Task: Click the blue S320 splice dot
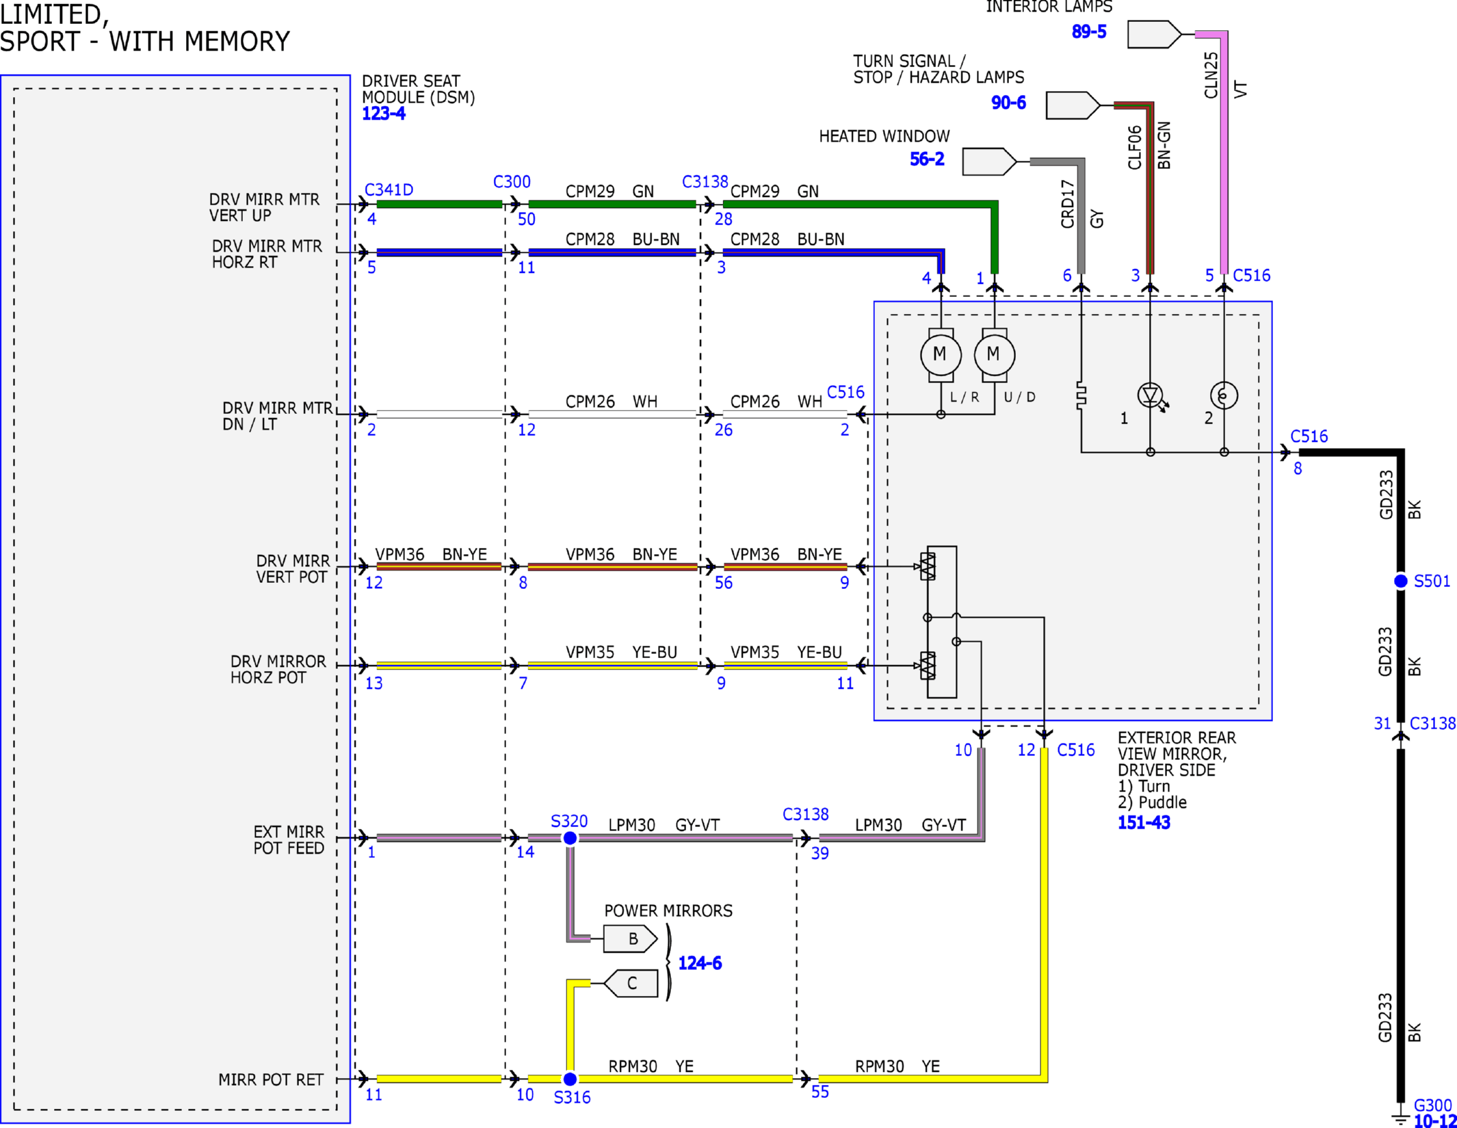pyautogui.click(x=570, y=838)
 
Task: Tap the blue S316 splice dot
pyautogui.click(x=570, y=1079)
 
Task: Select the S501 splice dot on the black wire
pyautogui.click(x=1401, y=581)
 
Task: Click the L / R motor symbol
pyautogui.click(x=941, y=354)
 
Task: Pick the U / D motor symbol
pyautogui.click(x=994, y=354)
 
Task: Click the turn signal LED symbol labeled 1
pyautogui.click(x=1151, y=395)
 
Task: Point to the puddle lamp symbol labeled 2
pyautogui.click(x=1224, y=395)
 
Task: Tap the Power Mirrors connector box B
pyautogui.click(x=630, y=939)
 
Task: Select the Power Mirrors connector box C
pyautogui.click(x=631, y=983)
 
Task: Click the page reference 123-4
pyautogui.click(x=384, y=114)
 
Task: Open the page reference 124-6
pyautogui.click(x=700, y=963)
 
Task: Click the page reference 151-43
pyautogui.click(x=1144, y=822)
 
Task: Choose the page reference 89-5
pyautogui.click(x=1089, y=31)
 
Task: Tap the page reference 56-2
pyautogui.click(x=927, y=159)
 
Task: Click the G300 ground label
pyautogui.click(x=1432, y=1105)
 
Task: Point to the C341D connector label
pyautogui.click(x=389, y=189)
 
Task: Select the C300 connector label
pyautogui.click(x=512, y=181)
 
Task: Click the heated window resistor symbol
pyautogui.click(x=1081, y=396)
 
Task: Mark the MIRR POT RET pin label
pyautogui.click(x=270, y=1079)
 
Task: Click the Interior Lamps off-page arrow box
pyautogui.click(x=1154, y=34)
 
